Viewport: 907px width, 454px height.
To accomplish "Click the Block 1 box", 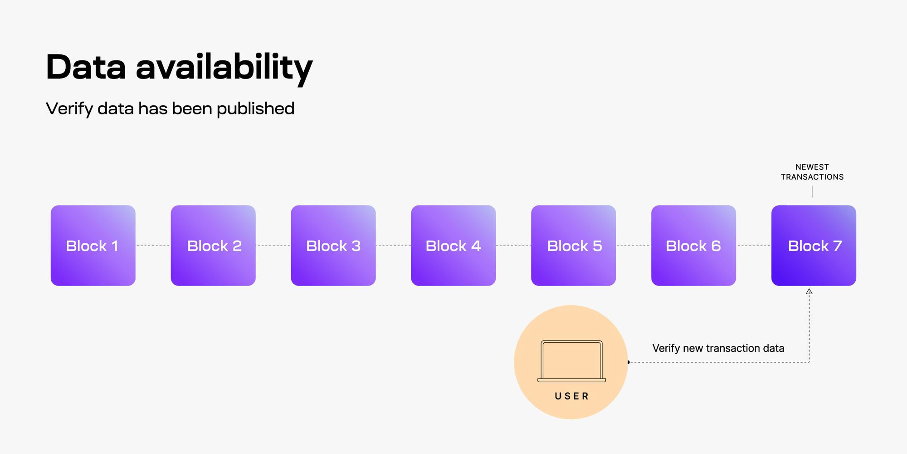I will pos(93,246).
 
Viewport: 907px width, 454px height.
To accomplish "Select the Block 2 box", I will pos(213,246).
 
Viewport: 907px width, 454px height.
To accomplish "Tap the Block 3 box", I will pos(333,246).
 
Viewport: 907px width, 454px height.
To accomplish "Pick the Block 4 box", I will pos(453,246).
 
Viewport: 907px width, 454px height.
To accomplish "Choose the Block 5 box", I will pos(574,246).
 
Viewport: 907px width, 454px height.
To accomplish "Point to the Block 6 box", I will pos(694,246).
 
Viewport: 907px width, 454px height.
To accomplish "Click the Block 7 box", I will pos(814,246).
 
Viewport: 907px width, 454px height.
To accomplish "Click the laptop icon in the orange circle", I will pos(571,361).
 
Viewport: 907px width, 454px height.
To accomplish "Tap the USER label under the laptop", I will pos(571,396).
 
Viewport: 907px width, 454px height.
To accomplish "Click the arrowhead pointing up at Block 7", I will pos(809,292).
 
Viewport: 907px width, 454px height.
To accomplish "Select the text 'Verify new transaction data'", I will pos(718,348).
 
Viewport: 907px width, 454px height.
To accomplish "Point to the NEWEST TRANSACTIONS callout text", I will pos(812,172).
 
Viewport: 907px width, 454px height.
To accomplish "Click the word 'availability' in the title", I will pos(224,67).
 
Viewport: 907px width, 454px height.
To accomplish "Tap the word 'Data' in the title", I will pos(86,67).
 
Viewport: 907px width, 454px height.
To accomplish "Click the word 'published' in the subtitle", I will pos(255,109).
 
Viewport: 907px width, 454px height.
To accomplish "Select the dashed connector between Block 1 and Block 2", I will pos(153,246).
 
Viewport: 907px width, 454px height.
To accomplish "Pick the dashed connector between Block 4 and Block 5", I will pos(513,246).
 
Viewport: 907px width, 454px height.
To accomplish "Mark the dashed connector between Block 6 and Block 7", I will pos(754,246).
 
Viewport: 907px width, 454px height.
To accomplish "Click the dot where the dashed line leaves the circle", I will pos(629,362).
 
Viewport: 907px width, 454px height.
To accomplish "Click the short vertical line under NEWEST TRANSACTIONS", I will pos(812,192).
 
